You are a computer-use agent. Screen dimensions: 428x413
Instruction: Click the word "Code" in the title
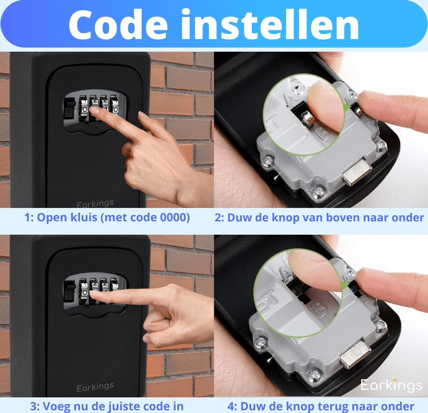point(118,24)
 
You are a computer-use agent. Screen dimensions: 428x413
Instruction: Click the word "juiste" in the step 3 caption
point(133,406)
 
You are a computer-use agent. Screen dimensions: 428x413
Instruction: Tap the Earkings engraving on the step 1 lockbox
point(95,203)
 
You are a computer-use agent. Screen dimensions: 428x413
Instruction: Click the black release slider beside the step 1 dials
point(70,109)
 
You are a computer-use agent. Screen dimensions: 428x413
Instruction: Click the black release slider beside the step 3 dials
point(70,292)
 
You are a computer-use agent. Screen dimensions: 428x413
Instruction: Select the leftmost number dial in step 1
point(84,108)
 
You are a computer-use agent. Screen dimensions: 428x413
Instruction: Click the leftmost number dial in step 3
point(84,291)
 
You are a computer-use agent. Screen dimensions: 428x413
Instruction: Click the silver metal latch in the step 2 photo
point(357,172)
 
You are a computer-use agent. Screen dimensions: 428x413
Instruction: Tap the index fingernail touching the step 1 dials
point(95,110)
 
